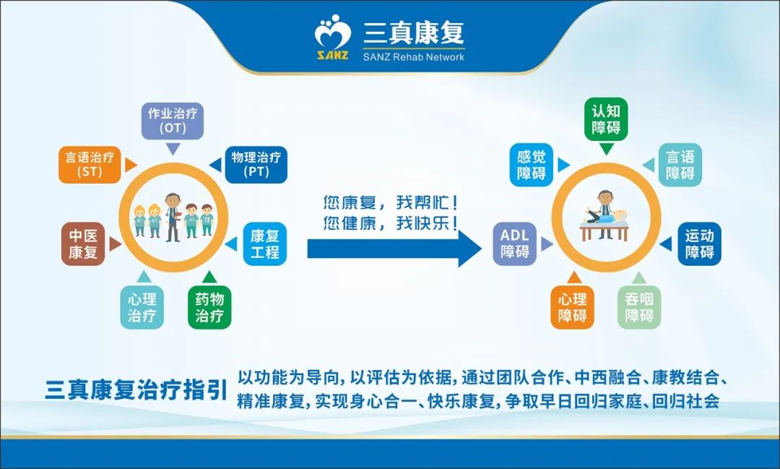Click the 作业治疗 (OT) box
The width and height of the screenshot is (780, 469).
(172, 120)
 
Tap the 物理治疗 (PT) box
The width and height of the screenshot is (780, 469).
(256, 165)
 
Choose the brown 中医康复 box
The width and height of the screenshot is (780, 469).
(83, 244)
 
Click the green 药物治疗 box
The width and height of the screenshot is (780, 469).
(209, 307)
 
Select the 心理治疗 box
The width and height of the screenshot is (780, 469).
(142, 307)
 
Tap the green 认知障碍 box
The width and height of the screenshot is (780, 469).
(606, 119)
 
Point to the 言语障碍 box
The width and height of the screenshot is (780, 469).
(680, 165)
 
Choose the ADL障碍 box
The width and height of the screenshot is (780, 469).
(515, 244)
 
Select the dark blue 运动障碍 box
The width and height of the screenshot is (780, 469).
(699, 244)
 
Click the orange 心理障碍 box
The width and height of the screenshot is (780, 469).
(572, 307)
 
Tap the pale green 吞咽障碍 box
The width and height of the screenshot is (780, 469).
(639, 307)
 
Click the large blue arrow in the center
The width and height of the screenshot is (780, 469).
(394, 249)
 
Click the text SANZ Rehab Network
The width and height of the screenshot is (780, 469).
(414, 56)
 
